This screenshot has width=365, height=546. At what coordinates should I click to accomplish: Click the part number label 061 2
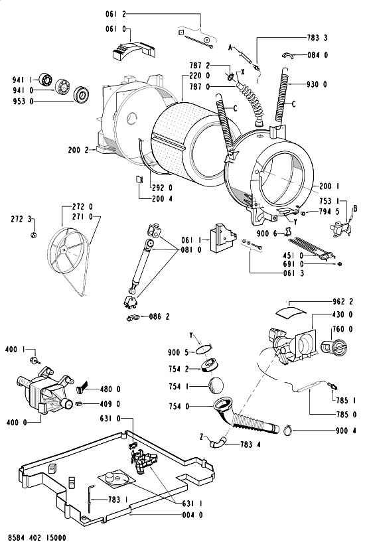point(115,15)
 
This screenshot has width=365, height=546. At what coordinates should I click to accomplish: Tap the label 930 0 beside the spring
point(317,84)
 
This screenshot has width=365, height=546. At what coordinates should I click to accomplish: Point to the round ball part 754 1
point(216,385)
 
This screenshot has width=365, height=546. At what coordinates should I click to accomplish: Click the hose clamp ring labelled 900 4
point(287,431)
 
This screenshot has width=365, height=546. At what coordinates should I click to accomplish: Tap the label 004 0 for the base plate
point(192,515)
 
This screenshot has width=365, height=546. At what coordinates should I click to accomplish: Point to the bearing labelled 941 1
point(45,80)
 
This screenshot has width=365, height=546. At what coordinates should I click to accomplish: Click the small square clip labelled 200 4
point(139,178)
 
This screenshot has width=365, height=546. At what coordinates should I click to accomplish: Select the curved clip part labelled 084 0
point(287,54)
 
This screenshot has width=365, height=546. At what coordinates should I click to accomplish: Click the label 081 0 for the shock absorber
point(191,250)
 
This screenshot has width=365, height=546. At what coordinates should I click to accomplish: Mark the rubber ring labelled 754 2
point(210,366)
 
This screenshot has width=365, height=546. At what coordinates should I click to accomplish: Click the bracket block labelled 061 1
point(221,239)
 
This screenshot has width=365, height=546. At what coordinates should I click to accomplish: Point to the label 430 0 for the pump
point(342,314)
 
